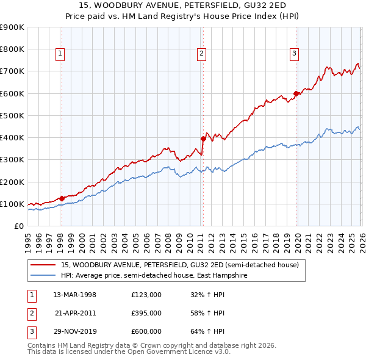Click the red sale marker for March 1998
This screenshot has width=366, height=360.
tap(62, 198)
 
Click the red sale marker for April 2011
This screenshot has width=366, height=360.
tap(203, 139)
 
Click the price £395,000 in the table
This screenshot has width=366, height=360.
tap(146, 313)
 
